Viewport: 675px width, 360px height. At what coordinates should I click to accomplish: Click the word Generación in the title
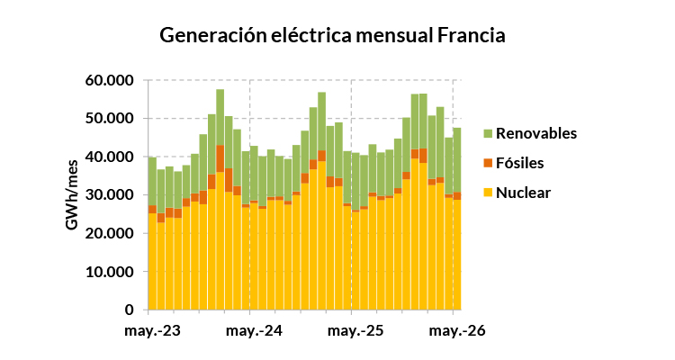tap(213, 36)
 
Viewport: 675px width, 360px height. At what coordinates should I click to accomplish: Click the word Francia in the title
tap(472, 35)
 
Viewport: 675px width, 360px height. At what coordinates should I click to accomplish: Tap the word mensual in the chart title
tap(394, 35)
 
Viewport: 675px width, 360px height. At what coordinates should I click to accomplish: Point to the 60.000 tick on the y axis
tap(109, 80)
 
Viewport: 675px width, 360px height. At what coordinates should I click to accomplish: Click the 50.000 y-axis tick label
tap(109, 119)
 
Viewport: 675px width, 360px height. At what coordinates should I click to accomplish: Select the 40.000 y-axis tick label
tap(109, 157)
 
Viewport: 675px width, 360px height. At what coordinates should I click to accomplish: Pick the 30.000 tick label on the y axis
tap(109, 195)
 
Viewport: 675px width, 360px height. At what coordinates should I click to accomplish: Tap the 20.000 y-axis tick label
tap(109, 233)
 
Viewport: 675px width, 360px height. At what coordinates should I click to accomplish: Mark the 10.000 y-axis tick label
tap(109, 272)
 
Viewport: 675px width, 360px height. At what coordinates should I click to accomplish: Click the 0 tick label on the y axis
tap(129, 310)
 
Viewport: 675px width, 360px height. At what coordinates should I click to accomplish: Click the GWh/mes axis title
tap(72, 195)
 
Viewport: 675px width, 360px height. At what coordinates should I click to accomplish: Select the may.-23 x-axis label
tap(152, 330)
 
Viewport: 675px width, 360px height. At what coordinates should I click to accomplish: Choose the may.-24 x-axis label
tap(254, 330)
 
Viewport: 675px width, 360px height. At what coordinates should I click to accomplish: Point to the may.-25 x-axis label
tap(355, 330)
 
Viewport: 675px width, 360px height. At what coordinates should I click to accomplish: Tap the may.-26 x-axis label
tap(457, 330)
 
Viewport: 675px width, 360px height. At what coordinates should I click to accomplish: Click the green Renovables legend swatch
tap(488, 133)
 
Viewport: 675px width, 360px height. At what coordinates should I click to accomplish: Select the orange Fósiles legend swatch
tap(488, 163)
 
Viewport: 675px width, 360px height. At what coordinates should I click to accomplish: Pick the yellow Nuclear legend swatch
tap(488, 193)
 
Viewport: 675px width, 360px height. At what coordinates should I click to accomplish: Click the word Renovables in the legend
tap(536, 133)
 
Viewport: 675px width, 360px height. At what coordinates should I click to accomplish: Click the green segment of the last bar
tap(457, 160)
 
